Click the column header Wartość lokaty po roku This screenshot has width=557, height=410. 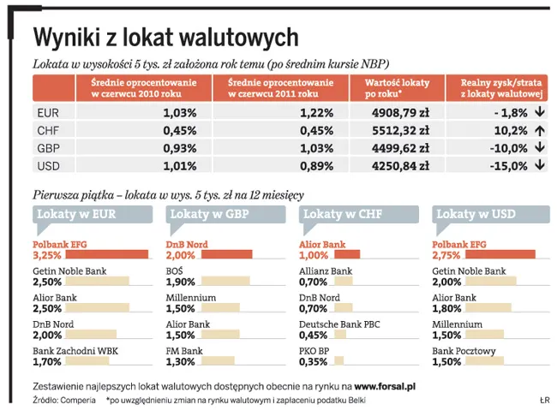click(x=397, y=86)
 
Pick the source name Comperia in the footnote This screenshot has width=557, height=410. click(x=77, y=399)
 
